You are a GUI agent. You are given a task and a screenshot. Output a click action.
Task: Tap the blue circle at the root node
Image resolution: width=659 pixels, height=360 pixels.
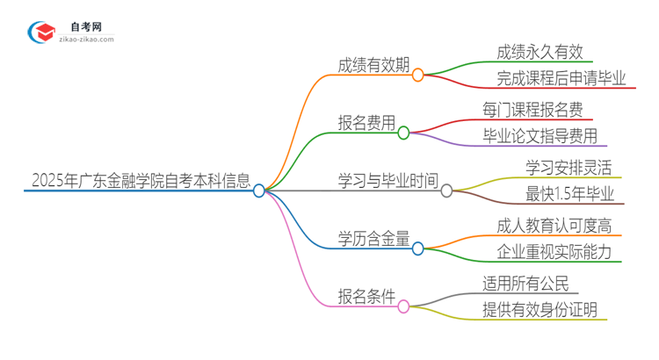pyautogui.click(x=259, y=191)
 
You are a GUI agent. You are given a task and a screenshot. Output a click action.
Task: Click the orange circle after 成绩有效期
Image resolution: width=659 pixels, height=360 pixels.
pyautogui.click(x=418, y=76)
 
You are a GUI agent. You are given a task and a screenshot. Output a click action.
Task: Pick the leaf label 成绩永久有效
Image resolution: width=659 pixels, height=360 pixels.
pyautogui.click(x=539, y=52)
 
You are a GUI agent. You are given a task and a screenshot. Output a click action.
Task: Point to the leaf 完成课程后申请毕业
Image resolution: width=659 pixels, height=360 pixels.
pyautogui.click(x=554, y=79)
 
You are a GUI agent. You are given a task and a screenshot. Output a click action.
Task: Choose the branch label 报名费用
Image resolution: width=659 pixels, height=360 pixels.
pyautogui.click(x=366, y=123)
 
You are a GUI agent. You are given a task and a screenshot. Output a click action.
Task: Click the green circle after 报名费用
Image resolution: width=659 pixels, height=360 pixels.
pyautogui.click(x=403, y=133)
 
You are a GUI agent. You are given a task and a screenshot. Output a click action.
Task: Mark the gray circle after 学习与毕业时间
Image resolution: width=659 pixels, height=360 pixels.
pyautogui.click(x=446, y=191)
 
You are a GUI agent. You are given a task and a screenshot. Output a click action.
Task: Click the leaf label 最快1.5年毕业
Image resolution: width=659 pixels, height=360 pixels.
pyautogui.click(x=568, y=194)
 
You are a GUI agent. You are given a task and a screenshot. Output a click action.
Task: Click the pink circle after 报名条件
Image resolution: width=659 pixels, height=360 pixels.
pyautogui.click(x=403, y=306)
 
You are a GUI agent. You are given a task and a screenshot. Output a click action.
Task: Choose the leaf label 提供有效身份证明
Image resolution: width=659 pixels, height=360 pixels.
pyautogui.click(x=540, y=309)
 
